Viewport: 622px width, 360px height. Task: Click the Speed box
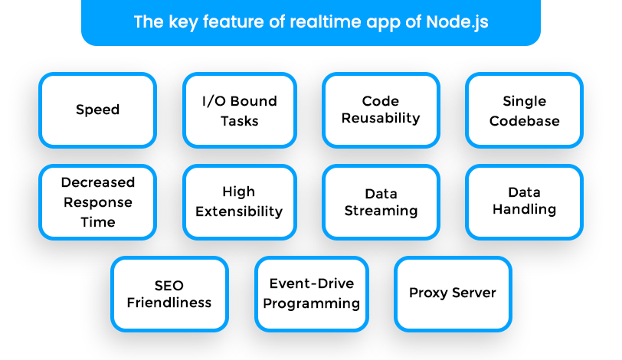(97, 110)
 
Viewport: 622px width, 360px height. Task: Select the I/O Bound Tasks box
(240, 110)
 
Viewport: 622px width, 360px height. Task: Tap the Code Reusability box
(381, 110)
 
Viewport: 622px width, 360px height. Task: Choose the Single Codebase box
(524, 110)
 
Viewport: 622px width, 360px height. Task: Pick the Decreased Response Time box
(97, 202)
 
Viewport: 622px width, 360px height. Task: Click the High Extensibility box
(240, 202)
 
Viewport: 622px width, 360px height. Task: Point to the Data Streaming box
(381, 202)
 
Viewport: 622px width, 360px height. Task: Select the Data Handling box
(524, 202)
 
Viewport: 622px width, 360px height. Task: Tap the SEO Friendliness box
(169, 294)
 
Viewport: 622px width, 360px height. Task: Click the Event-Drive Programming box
(312, 294)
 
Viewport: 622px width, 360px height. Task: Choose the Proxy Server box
(453, 294)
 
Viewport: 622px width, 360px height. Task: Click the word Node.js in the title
(457, 22)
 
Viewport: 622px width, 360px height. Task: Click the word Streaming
(381, 211)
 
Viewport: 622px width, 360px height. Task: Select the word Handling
(524, 209)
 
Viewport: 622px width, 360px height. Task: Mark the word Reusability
(381, 118)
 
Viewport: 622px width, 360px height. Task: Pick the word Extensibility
(239, 211)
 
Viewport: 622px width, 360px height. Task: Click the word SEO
(169, 286)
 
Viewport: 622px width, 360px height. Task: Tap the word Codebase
(525, 121)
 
